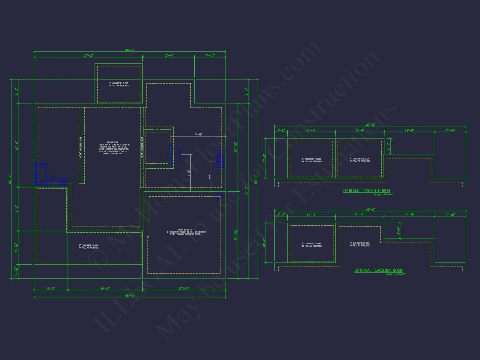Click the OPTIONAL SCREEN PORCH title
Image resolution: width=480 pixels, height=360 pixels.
[x=367, y=191]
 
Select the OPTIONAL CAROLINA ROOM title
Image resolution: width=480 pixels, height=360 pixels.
[x=378, y=271]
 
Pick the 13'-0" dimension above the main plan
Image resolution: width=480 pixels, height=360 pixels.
[x=168, y=56]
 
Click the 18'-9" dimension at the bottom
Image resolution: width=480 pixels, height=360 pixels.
[x=105, y=288]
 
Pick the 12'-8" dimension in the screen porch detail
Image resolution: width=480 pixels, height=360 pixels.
[x=410, y=130]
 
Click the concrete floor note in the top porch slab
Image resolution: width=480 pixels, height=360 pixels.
[x=118, y=84]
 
